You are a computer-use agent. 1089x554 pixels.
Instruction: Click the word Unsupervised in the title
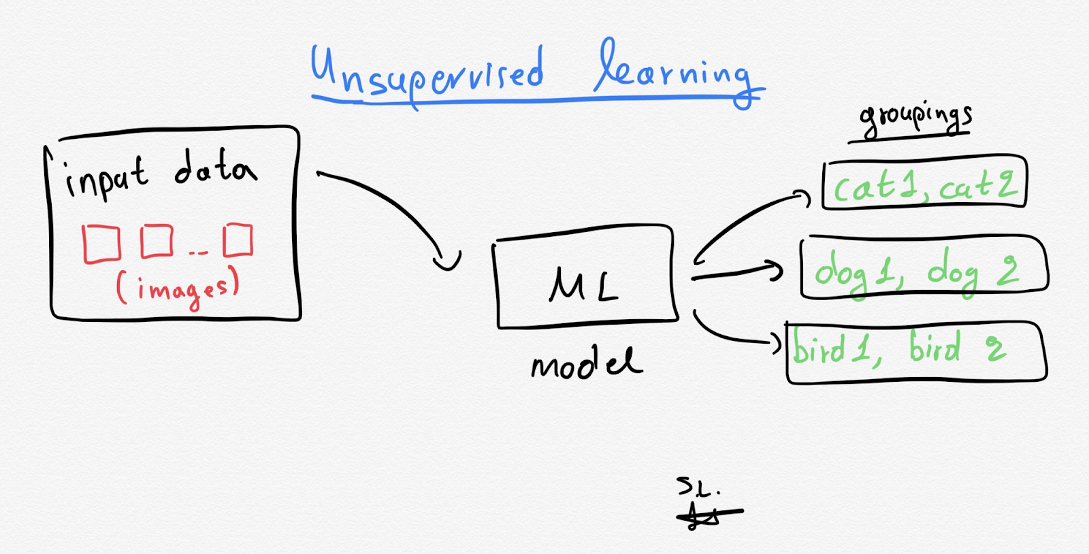click(427, 74)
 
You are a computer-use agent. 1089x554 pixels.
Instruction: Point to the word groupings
click(915, 118)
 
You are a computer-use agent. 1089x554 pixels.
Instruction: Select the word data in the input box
click(215, 168)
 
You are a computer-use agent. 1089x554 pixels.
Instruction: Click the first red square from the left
click(101, 244)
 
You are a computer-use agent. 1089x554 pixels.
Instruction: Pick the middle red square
click(157, 241)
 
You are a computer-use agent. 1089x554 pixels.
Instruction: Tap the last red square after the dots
click(238, 240)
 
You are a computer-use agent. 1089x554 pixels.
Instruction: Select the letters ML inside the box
click(584, 284)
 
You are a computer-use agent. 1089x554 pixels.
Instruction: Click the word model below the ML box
click(585, 363)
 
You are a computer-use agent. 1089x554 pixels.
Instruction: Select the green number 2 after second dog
click(1008, 269)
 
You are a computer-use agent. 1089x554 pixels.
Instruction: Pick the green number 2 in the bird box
click(995, 348)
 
